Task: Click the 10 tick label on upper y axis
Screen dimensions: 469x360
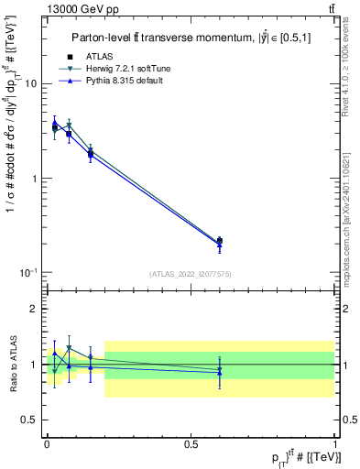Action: click(x=30, y=84)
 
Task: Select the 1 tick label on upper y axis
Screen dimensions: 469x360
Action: click(x=34, y=179)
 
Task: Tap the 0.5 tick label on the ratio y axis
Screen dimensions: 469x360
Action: click(x=30, y=420)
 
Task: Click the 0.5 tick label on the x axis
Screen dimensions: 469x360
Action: click(x=191, y=442)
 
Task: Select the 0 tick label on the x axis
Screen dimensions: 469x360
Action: click(x=47, y=442)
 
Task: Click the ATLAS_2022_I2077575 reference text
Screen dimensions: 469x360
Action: click(x=191, y=274)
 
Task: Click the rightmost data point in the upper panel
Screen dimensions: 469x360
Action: click(x=219, y=241)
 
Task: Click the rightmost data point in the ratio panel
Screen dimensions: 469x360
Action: click(x=219, y=371)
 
